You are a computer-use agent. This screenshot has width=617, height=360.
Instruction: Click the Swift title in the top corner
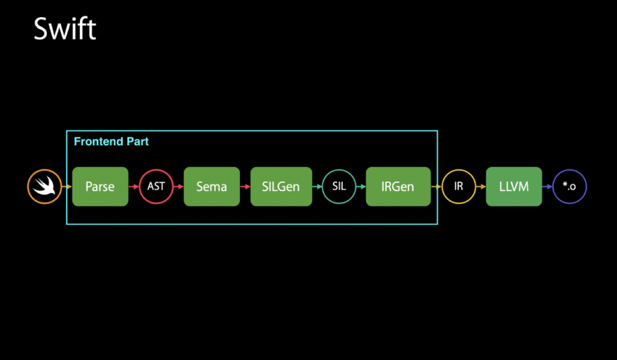coord(65,29)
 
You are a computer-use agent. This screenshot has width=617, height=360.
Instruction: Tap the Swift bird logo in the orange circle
coord(45,187)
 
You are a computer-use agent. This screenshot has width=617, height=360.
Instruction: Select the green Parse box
coord(100,187)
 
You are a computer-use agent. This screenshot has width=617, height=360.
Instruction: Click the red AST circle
coord(156,187)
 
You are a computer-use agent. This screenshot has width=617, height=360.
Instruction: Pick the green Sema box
coord(211,187)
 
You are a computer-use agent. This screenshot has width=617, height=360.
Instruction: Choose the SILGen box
coord(281,187)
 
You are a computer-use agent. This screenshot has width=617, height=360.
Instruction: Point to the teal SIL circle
coord(339,187)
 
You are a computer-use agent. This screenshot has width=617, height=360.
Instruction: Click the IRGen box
coord(398,187)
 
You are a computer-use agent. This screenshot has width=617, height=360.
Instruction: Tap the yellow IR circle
coord(458,187)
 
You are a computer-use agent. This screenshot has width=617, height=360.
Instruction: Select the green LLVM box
coord(514,187)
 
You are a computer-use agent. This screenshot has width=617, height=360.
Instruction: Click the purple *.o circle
coord(569,187)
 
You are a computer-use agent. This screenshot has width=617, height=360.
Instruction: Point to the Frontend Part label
coord(111,142)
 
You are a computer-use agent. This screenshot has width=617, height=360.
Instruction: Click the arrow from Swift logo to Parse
coord(67,187)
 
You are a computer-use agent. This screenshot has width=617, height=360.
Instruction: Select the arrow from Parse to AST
coord(134,187)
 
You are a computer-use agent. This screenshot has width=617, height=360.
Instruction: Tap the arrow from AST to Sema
coord(178,187)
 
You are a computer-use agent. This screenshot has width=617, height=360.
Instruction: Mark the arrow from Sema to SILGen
coord(245,187)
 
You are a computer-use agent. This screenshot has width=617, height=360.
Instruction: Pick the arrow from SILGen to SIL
coord(317,187)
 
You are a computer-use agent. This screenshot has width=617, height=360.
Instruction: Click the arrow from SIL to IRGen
coord(361,187)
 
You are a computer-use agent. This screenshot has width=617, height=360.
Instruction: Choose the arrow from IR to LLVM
coord(480,187)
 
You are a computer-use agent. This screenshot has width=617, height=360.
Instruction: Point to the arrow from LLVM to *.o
coord(547,187)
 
